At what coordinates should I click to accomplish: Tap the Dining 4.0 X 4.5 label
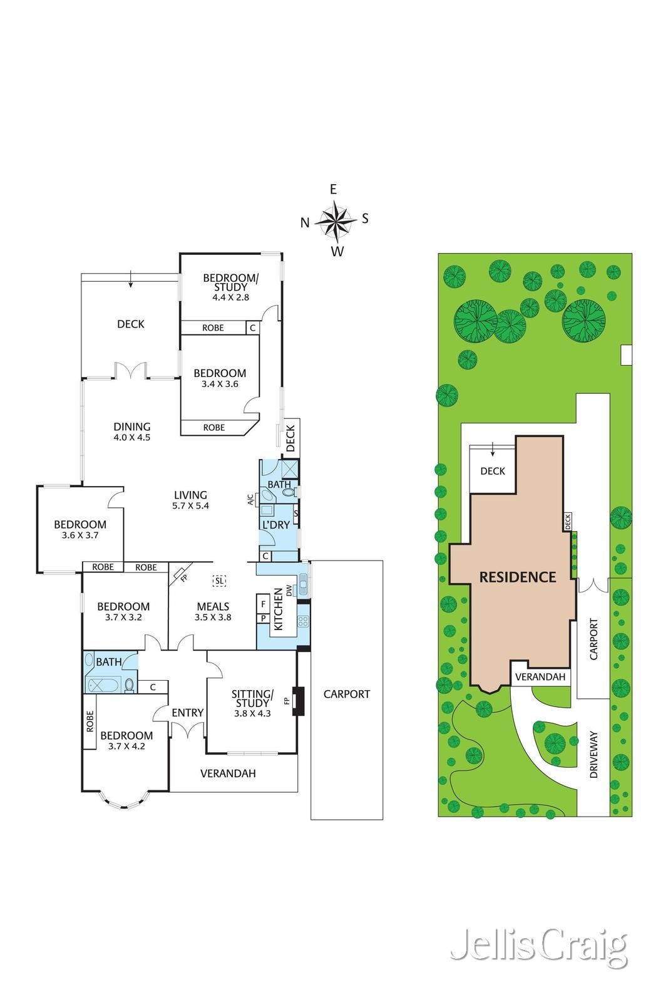coord(132,432)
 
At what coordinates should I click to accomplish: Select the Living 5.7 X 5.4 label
coord(190,500)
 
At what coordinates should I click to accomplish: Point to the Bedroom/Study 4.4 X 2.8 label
coord(230,287)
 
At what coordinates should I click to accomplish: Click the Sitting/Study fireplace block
coord(299,701)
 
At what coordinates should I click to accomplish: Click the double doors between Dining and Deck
coord(131,371)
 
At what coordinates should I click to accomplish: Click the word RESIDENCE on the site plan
coord(518,577)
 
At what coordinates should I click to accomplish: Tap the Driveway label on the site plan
coord(594,755)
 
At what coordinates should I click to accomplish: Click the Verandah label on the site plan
coord(540,677)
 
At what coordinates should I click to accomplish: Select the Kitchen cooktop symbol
coord(303,621)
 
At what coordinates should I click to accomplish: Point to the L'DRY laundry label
coord(275,525)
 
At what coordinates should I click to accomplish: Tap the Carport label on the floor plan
coord(346,694)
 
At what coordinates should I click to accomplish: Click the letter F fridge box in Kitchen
coord(263,604)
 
